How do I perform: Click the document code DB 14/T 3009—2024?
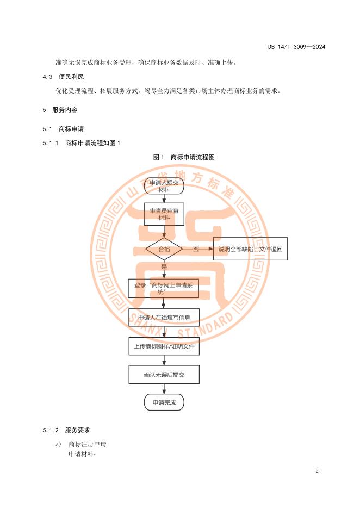pyautogui.click(x=296, y=47)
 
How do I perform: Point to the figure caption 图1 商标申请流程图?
pyautogui.click(x=184, y=157)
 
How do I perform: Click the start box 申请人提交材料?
pyautogui.click(x=164, y=186)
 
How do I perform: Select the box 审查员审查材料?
pyautogui.click(x=164, y=214)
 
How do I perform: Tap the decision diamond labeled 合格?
pyautogui.click(x=164, y=249)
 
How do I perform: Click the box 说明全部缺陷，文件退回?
pyautogui.click(x=250, y=249)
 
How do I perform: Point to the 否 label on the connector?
pyautogui.click(x=195, y=249)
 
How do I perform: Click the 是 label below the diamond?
pyautogui.click(x=164, y=267)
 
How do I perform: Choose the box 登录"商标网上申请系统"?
pyautogui.click(x=164, y=288)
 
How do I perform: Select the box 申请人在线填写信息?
pyautogui.click(x=164, y=318)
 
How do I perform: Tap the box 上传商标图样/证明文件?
pyautogui.click(x=164, y=346)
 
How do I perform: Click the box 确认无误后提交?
pyautogui.click(x=164, y=374)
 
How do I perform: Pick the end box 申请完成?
pyautogui.click(x=164, y=402)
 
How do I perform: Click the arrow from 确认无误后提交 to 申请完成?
pyautogui.click(x=164, y=388)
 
